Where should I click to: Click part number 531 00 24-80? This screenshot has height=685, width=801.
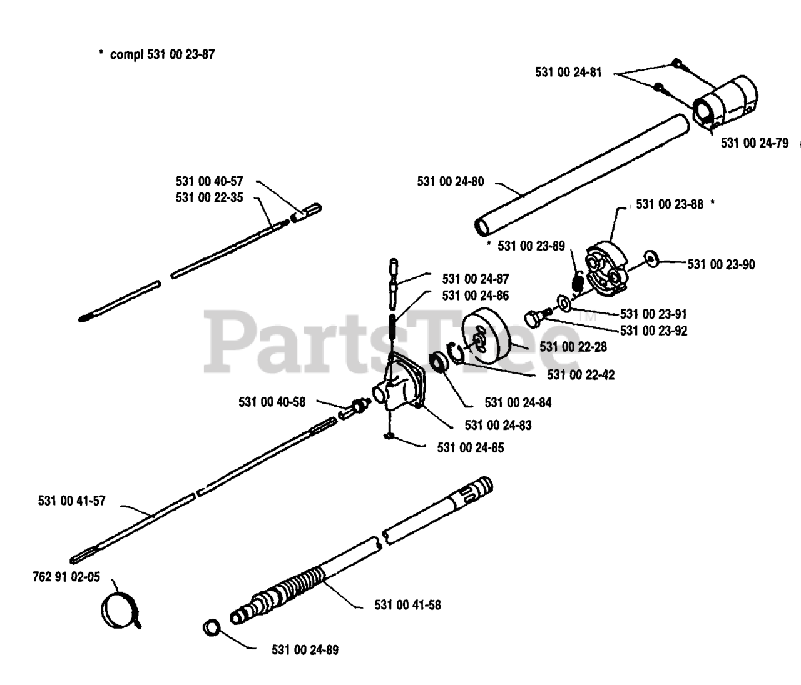point(450,181)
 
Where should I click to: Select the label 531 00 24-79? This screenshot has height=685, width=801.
point(754,143)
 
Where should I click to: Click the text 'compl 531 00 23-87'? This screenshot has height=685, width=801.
point(162,54)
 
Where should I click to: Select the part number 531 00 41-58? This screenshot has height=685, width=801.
point(407,605)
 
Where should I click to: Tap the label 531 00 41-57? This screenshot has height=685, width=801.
point(72,501)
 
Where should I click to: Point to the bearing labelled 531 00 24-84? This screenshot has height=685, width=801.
point(437,362)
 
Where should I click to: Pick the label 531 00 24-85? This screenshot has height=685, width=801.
point(470,447)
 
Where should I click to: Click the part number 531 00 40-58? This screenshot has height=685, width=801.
point(272,402)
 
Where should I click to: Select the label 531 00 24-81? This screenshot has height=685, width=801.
point(568,72)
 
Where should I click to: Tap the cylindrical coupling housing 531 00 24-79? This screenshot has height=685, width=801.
point(726,103)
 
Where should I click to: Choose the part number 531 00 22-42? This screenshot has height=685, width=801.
point(580,374)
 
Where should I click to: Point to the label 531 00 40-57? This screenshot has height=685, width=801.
point(209,181)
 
